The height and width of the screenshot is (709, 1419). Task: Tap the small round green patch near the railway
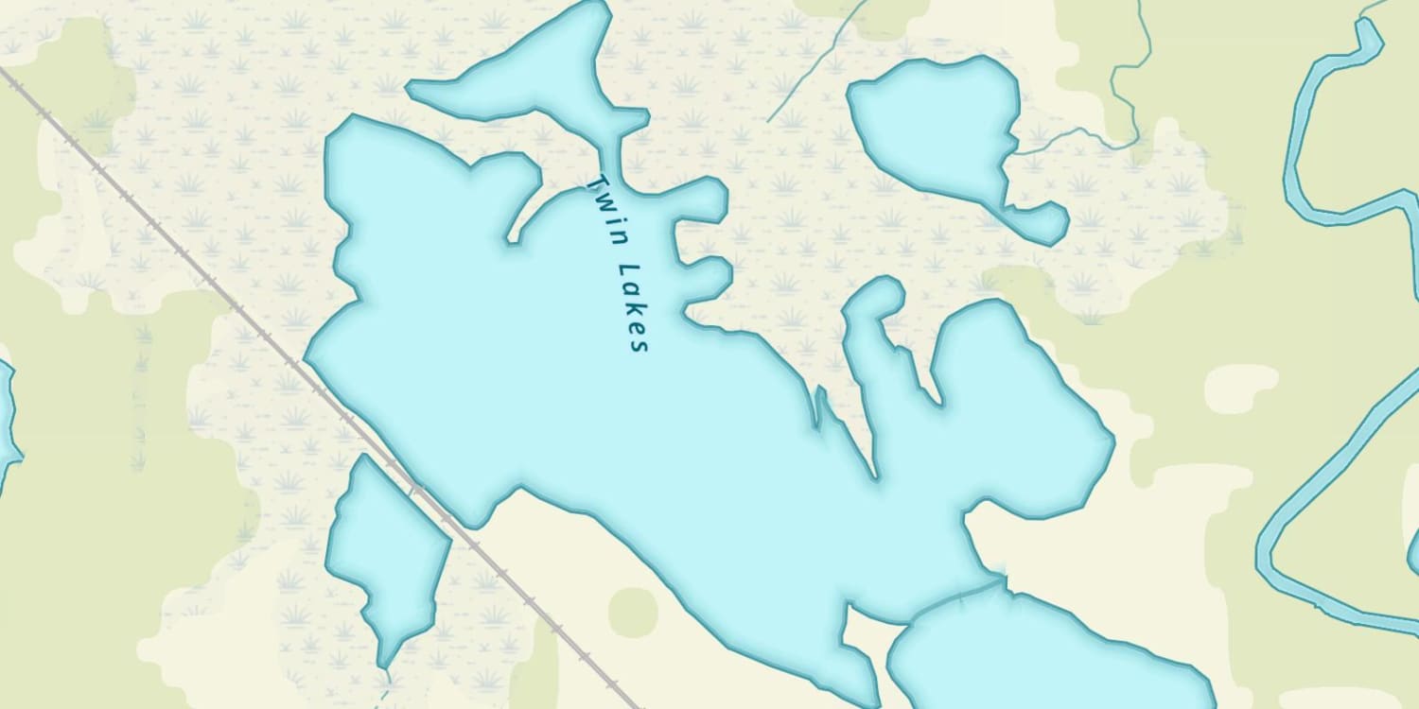(x=632, y=611)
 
